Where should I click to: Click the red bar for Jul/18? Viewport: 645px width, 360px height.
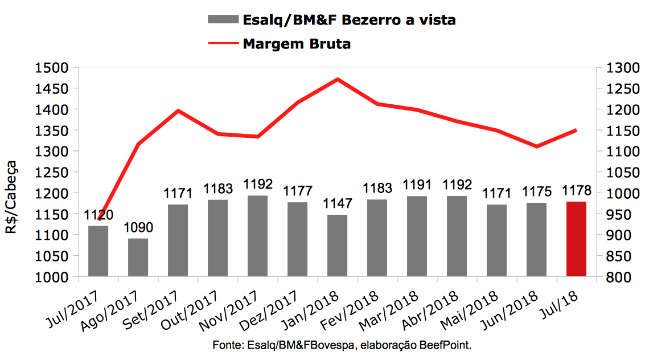576,239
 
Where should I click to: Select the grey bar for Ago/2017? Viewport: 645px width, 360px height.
138,257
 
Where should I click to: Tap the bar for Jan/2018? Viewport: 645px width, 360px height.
337,246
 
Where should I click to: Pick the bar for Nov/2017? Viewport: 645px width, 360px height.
257,236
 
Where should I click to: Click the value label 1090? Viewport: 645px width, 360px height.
138,228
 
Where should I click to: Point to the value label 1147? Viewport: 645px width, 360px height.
337,204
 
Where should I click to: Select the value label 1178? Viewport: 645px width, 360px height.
576,190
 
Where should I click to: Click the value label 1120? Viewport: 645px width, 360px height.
98,215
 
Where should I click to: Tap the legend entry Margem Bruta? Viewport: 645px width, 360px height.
296,44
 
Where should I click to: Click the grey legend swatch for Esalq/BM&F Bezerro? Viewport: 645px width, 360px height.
223,20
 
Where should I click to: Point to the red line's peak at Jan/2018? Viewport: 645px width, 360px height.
338,79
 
